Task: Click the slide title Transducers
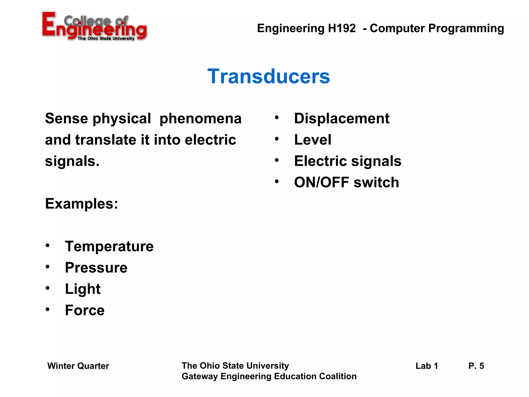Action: pos(269,77)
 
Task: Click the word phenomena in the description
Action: pos(200,119)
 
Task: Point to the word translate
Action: pos(106,140)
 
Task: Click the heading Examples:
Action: pos(82,204)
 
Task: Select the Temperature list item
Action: pos(109,246)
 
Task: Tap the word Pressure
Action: pos(96,268)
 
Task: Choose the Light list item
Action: pos(83,289)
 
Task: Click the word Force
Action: pos(85,310)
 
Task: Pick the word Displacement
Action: pos(341,119)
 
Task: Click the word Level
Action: pos(313,140)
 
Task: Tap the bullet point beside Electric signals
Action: pos(277,161)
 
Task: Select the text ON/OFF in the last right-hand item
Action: pos(321,182)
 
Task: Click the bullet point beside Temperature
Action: pos(48,246)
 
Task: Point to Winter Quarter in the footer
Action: pos(78,366)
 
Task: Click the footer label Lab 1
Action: pos(426,366)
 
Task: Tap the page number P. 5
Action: pos(476,366)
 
